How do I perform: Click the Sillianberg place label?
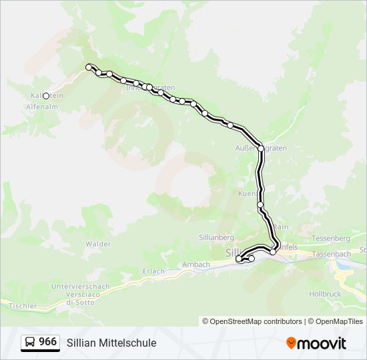tap(216, 237)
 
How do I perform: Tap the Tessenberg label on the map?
tap(331, 238)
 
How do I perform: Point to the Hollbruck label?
tap(325, 293)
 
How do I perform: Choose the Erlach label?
tap(153, 271)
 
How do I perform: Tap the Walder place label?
tap(98, 244)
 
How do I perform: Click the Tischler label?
tap(23, 305)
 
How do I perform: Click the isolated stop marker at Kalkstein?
tap(46, 96)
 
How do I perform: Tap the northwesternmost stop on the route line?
tap(89, 67)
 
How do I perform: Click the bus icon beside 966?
tap(30, 343)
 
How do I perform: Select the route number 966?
tap(47, 342)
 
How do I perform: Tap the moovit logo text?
tap(322, 343)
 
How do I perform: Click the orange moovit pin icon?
tap(291, 343)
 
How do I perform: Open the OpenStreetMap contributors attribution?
tap(252, 321)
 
